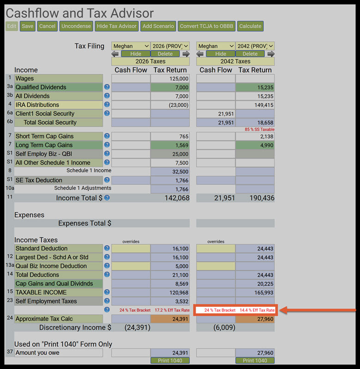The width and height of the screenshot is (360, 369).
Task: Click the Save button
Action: [x=28, y=26]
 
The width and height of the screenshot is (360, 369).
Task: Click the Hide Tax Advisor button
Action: [x=117, y=26]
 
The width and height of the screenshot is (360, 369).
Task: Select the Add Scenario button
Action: [x=158, y=26]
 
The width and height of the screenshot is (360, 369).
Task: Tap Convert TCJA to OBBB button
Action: [x=207, y=26]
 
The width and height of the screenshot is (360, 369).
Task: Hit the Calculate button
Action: [x=251, y=26]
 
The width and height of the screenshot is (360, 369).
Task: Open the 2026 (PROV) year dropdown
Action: [x=169, y=46]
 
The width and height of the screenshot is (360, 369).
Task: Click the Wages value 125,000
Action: [x=170, y=79]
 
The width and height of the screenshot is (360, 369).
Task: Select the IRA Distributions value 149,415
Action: [x=255, y=105]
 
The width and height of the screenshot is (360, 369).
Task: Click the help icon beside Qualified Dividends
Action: [x=107, y=87]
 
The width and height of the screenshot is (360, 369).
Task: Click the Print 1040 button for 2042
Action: [x=255, y=361]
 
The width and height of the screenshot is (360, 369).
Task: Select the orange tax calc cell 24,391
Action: [x=170, y=319]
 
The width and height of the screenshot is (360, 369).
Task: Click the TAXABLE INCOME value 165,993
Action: [x=255, y=292]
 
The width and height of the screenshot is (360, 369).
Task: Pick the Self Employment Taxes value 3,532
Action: [x=170, y=301]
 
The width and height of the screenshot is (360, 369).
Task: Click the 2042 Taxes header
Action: [x=235, y=61]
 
